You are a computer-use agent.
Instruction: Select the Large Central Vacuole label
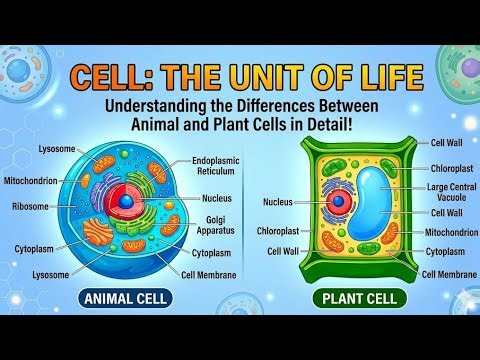451,191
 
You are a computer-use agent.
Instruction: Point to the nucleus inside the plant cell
339,202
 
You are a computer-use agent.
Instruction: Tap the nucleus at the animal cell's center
125,201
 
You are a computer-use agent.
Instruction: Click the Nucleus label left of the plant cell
278,201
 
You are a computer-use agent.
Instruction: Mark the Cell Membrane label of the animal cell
209,274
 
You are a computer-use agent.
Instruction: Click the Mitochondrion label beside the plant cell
451,233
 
